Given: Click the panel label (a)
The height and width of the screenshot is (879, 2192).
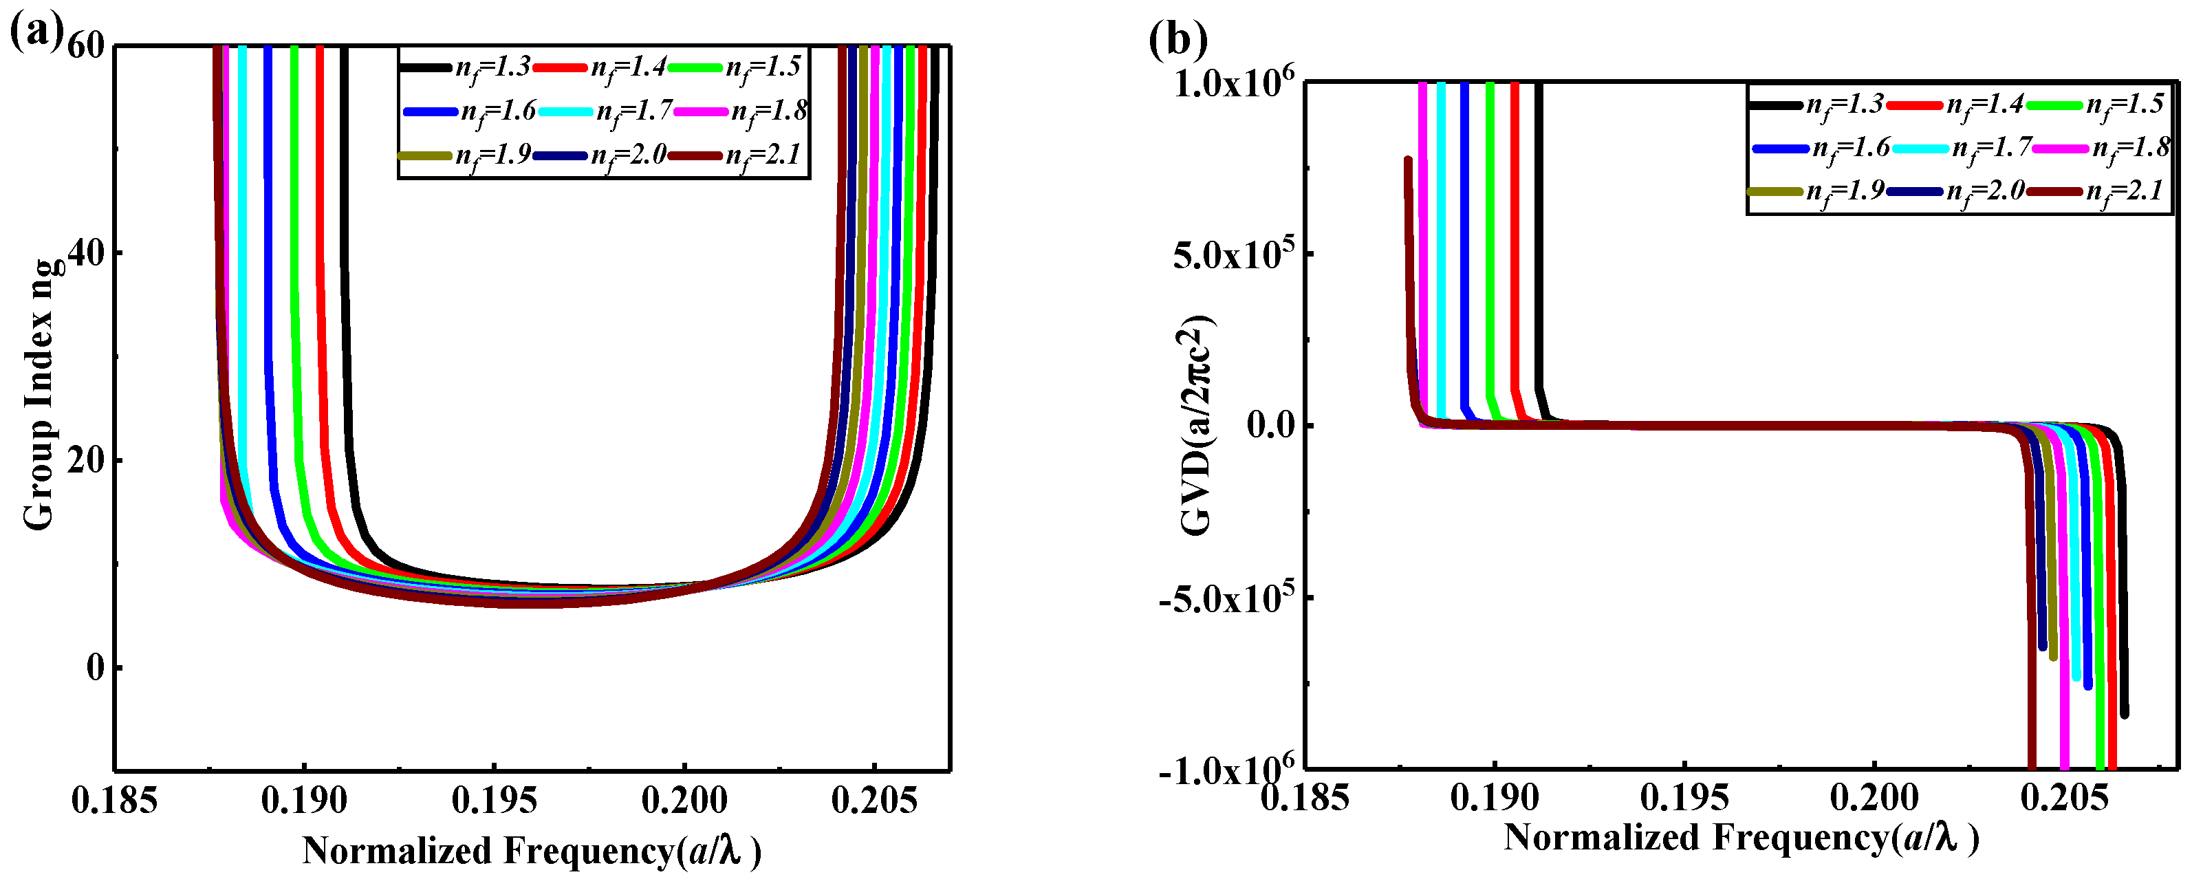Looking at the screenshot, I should pyautogui.click(x=36, y=32).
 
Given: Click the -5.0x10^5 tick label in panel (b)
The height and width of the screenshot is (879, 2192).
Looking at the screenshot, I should pyautogui.click(x=1226, y=598).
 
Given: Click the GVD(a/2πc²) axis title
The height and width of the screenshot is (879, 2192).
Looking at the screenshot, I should pyautogui.click(x=1196, y=426).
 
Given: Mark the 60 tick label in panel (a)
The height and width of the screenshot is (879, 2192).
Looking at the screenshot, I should pyautogui.click(x=85, y=46).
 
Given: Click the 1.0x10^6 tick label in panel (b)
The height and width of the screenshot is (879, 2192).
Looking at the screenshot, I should pyautogui.click(x=1233, y=83).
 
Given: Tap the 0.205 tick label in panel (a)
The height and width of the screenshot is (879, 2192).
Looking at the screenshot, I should pyautogui.click(x=874, y=801).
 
